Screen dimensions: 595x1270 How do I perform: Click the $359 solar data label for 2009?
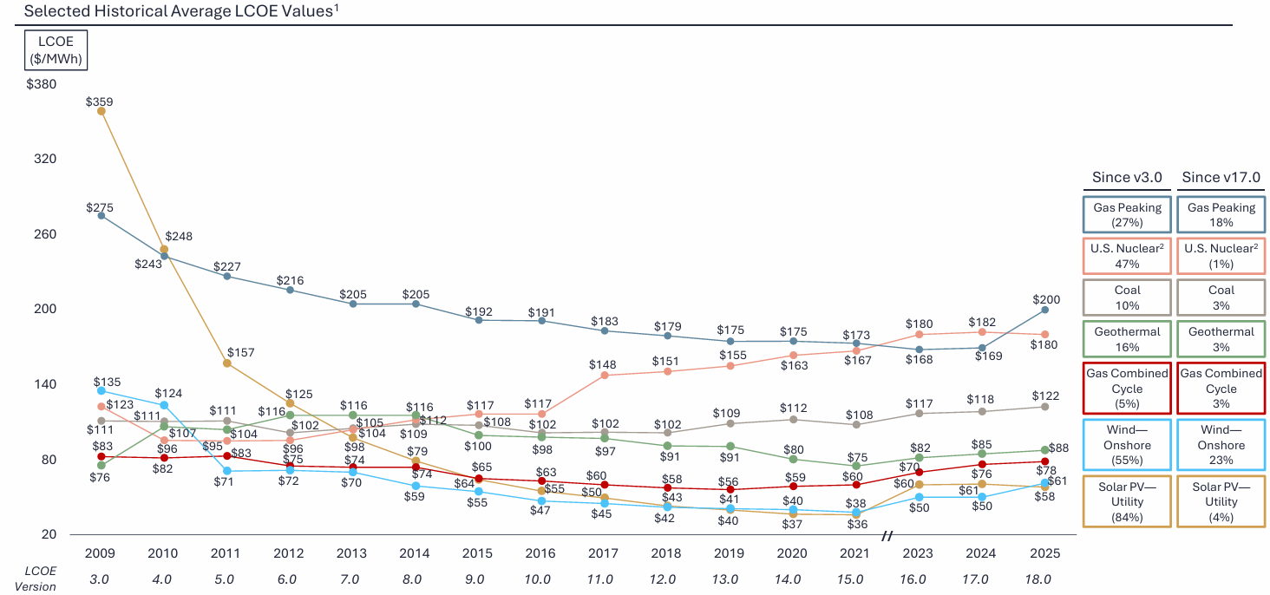click(x=100, y=101)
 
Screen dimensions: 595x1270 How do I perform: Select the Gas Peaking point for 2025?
click(x=1044, y=310)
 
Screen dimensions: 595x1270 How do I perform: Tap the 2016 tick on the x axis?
click(x=540, y=553)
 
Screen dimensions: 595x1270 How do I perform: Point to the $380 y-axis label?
click(x=41, y=85)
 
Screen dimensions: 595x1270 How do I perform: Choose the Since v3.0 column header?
click(x=1127, y=178)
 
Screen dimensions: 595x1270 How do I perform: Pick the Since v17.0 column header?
click(x=1221, y=178)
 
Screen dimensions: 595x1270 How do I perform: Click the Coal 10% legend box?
click(x=1127, y=297)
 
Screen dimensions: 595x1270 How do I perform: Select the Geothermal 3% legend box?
click(x=1221, y=339)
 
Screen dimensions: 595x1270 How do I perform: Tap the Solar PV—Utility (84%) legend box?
click(x=1127, y=500)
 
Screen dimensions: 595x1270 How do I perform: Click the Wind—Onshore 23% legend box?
click(x=1221, y=445)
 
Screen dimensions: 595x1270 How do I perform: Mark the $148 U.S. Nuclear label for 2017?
click(x=603, y=364)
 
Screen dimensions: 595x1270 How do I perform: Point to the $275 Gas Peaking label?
click(x=100, y=207)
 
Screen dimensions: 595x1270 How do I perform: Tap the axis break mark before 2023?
click(x=887, y=537)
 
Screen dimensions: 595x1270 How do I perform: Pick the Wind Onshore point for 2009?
click(x=101, y=391)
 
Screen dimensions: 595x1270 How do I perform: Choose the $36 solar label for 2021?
click(x=856, y=524)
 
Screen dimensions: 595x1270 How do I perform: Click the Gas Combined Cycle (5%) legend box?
click(x=1127, y=389)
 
